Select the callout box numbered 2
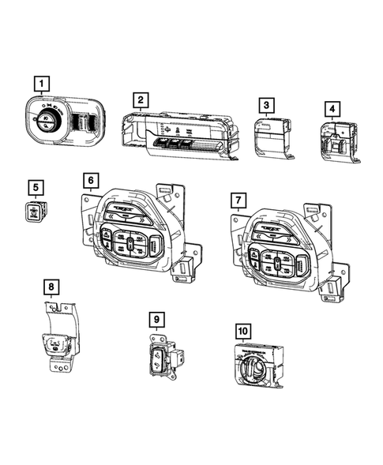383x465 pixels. tap(139, 100)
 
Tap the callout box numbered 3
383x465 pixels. tap(267, 105)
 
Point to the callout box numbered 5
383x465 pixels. tap(34, 187)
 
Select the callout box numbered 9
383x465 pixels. tap(158, 319)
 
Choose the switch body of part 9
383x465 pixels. tap(160, 358)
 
